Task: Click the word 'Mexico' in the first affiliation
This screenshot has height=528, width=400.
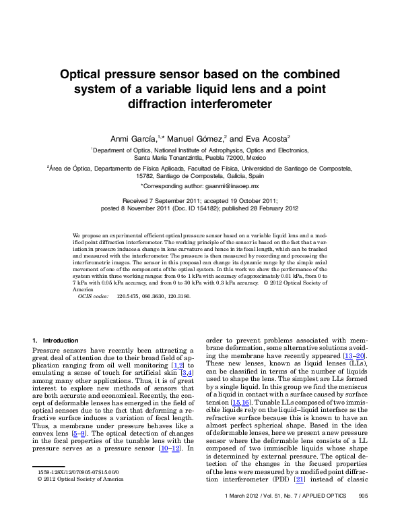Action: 256,156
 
